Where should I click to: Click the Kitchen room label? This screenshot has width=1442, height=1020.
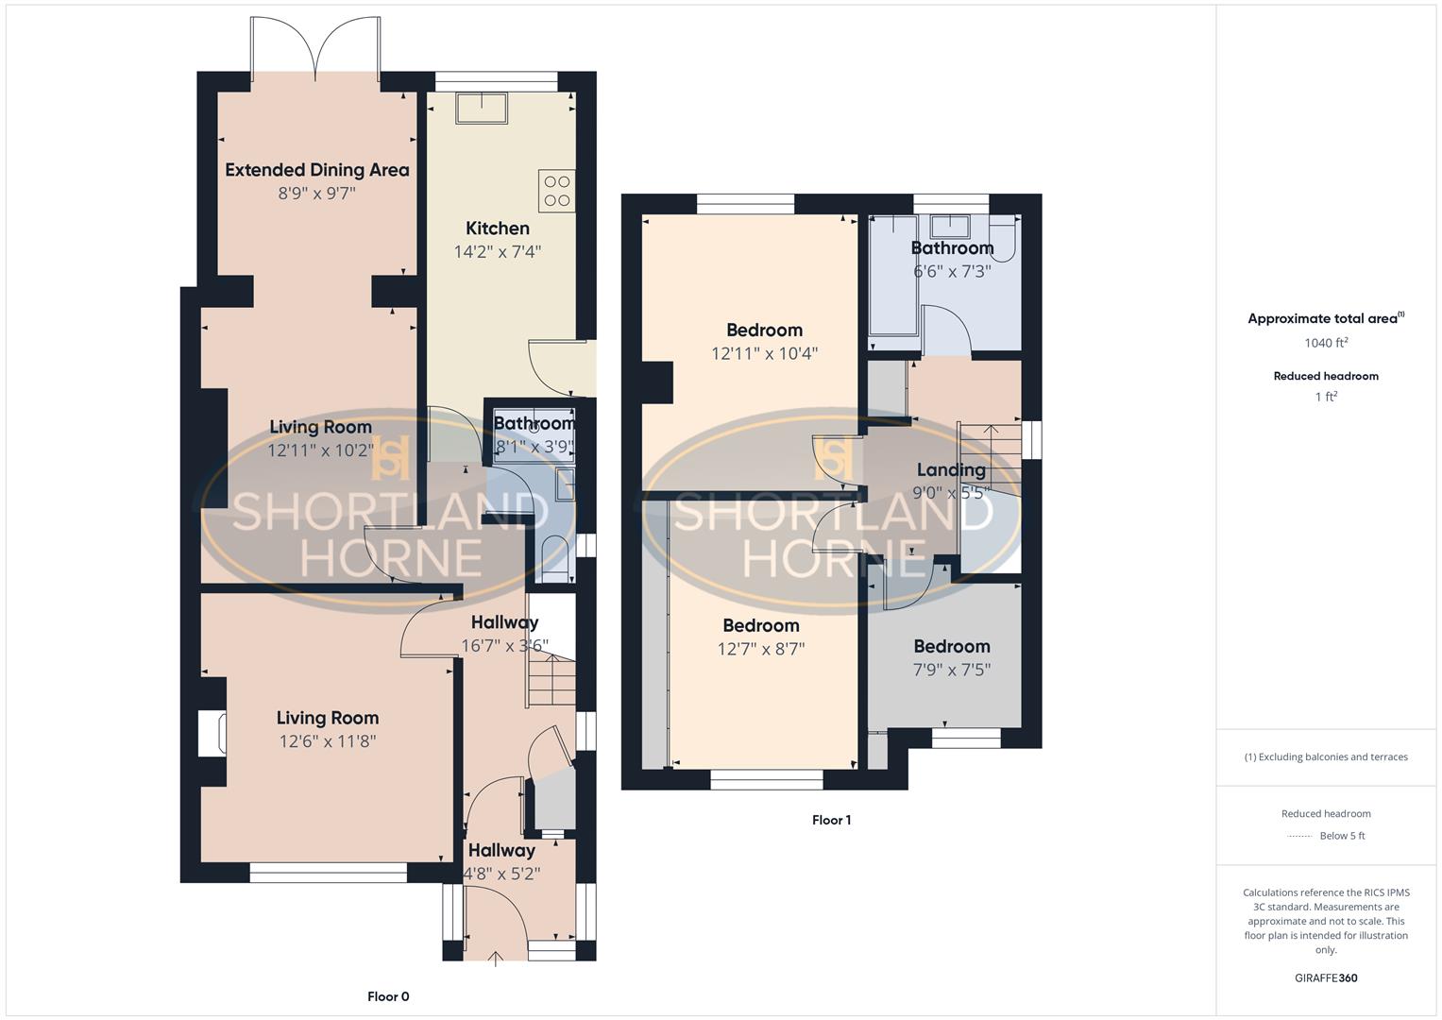[x=498, y=229]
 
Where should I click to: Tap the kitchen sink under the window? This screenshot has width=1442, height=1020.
[x=482, y=109]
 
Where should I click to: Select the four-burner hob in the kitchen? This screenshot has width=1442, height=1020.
[x=556, y=191]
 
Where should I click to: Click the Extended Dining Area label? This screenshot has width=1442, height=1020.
[x=317, y=170]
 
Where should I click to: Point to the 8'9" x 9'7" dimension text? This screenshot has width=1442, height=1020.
[x=317, y=194]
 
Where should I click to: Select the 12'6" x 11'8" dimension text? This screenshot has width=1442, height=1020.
[x=328, y=741]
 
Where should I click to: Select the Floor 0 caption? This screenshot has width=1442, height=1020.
[x=388, y=996]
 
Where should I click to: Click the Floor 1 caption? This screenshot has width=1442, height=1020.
[x=831, y=820]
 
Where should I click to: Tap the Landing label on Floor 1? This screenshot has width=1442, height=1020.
[x=951, y=469]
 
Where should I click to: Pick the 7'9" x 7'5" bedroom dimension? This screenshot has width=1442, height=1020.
[x=952, y=670]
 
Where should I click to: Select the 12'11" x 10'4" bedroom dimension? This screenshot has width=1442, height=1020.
[x=764, y=353]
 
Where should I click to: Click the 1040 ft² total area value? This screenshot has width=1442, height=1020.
[x=1326, y=343]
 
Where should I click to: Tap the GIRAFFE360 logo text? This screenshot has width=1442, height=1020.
[x=1326, y=977]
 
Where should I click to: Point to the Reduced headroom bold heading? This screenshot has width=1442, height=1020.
[x=1326, y=376]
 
